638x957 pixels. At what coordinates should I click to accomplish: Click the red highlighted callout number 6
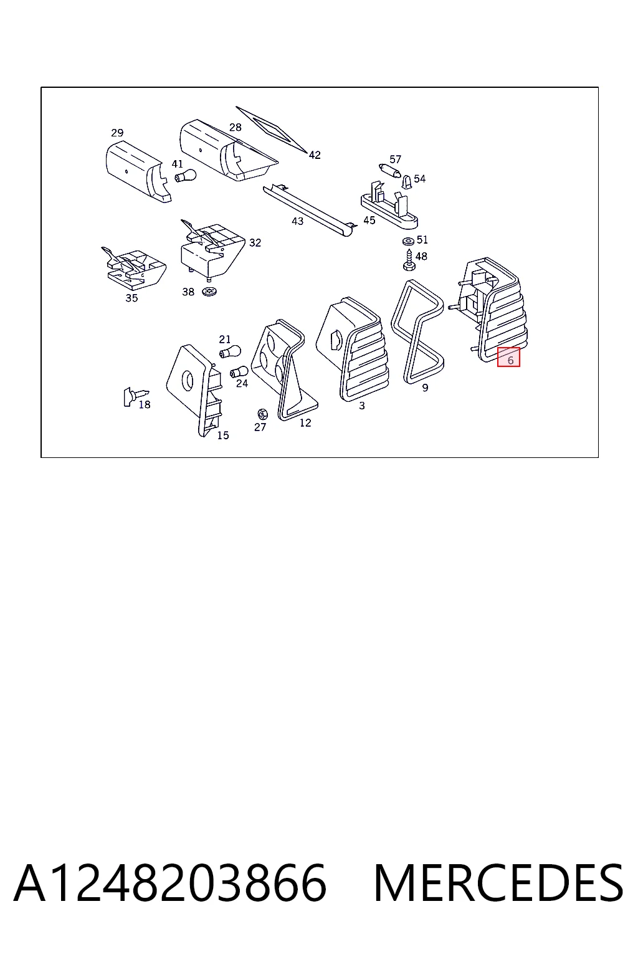508,357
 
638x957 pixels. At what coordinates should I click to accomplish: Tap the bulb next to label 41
186,175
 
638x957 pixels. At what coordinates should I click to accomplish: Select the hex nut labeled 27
262,414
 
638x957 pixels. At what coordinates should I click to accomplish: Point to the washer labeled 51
408,241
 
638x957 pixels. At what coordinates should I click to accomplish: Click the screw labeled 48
409,260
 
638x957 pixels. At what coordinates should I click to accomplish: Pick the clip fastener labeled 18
135,396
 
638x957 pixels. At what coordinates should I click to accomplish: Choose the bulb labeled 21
230,352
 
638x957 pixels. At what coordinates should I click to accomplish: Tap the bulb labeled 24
239,372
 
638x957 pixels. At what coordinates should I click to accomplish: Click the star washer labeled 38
209,292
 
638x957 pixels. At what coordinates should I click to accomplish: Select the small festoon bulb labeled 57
390,171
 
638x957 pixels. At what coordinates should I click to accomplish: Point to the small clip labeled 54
407,182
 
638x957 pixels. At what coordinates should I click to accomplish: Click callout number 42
315,155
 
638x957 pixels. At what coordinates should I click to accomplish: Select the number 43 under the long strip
297,221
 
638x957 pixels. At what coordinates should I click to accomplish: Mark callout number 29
117,133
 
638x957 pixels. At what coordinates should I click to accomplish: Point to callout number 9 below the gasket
425,388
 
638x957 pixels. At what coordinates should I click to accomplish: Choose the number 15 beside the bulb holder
223,436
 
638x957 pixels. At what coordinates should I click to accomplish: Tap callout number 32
255,242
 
